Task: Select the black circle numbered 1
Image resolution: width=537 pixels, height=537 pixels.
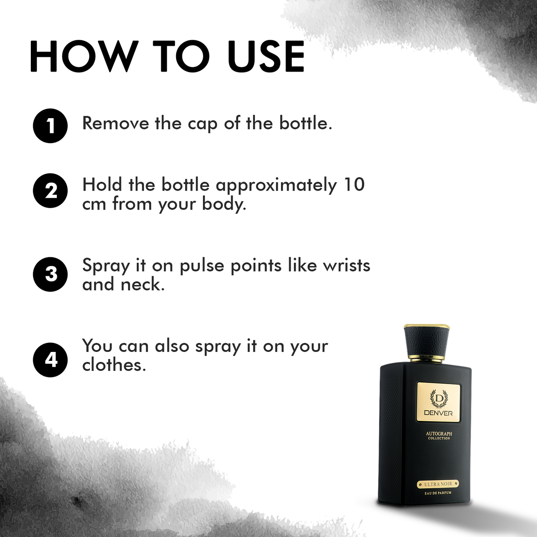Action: click(x=50, y=126)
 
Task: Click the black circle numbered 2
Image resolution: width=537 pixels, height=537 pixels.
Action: click(x=50, y=191)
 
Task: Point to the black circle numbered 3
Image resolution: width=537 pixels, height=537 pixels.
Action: click(x=50, y=274)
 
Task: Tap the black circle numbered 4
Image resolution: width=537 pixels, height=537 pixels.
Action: click(x=50, y=360)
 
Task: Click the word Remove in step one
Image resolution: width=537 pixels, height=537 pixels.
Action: click(x=116, y=123)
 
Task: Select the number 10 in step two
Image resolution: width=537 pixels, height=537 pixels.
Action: click(x=354, y=185)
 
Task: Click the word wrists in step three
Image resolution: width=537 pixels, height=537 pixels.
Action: click(x=346, y=266)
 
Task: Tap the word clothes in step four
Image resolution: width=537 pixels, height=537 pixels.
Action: click(x=114, y=365)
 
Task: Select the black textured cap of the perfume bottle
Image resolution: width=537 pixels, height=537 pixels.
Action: click(x=427, y=341)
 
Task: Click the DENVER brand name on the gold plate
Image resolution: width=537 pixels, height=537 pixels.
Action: click(x=438, y=413)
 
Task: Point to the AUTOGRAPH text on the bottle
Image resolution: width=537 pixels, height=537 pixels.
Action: click(x=439, y=434)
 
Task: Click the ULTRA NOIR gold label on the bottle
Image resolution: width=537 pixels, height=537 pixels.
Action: click(x=438, y=484)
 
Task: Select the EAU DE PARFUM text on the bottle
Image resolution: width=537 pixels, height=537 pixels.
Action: click(x=438, y=493)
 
